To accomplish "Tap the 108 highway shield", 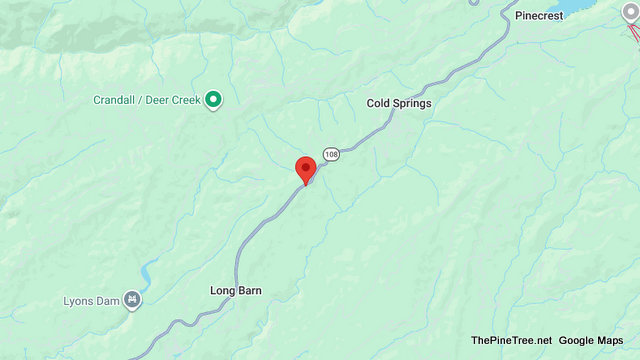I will pos(332,154).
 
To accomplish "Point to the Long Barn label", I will pos(236,291).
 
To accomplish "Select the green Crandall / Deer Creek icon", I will pos(213,99).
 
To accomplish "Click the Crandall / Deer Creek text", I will pos(147,100).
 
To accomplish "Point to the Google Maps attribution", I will pos(596,341).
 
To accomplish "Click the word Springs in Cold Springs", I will pos(412,103).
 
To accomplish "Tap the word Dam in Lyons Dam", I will pos(109,300).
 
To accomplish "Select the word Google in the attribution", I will pos(579,341).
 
